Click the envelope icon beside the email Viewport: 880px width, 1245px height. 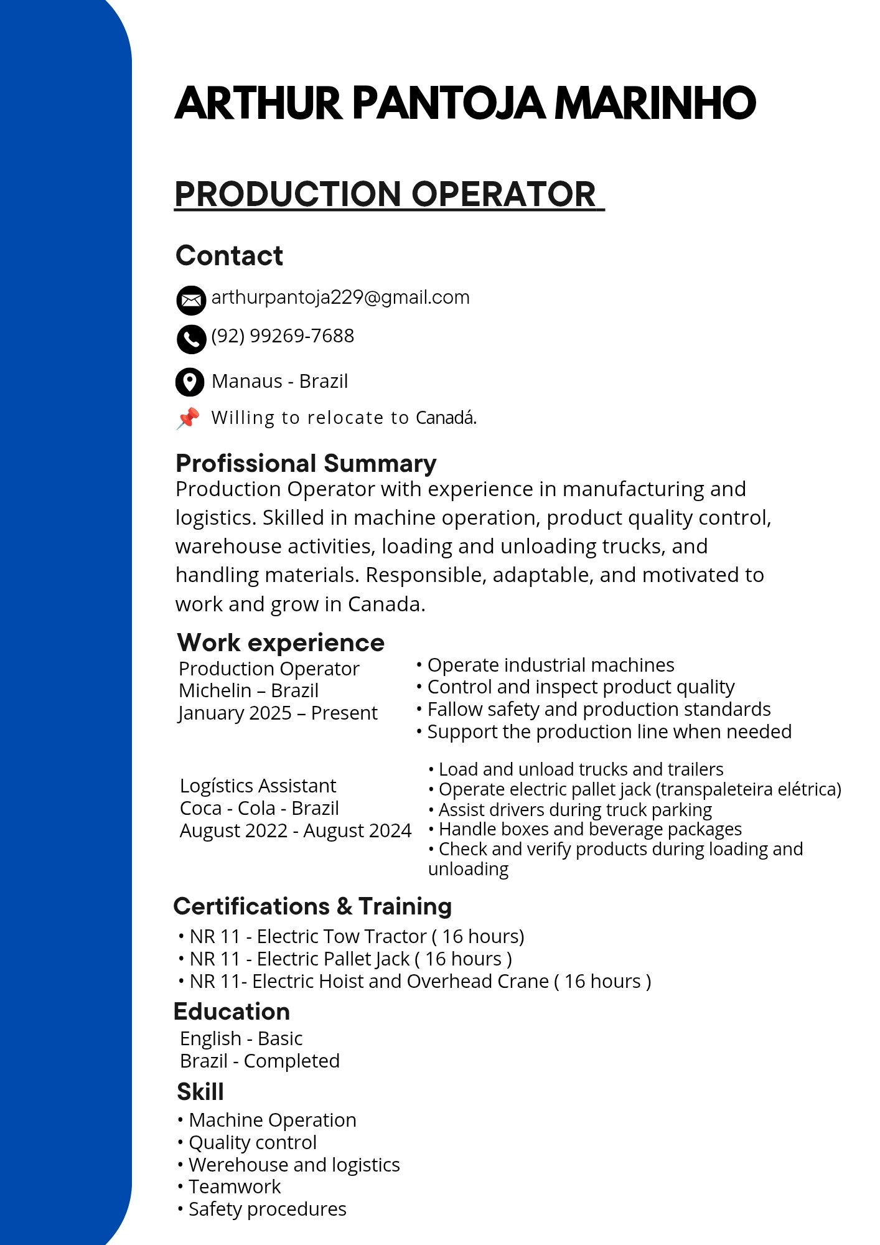pyautogui.click(x=191, y=301)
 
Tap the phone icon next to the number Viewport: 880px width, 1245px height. pyautogui.click(x=191, y=339)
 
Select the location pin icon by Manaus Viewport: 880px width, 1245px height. pyautogui.click(x=190, y=382)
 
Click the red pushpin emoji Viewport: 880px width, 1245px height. pyautogui.click(x=188, y=418)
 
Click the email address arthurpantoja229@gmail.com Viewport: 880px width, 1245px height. pyautogui.click(x=340, y=298)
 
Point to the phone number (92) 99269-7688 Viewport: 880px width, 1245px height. pyautogui.click(x=283, y=336)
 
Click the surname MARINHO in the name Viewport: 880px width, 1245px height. pyautogui.click(x=655, y=103)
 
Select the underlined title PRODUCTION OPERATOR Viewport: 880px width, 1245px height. pyautogui.click(x=386, y=194)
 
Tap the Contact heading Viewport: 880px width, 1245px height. pyautogui.click(x=229, y=256)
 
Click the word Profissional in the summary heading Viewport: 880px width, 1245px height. pyautogui.click(x=246, y=464)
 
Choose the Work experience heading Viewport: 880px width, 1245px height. pyautogui.click(x=281, y=642)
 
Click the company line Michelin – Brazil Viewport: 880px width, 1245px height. pyautogui.click(x=248, y=690)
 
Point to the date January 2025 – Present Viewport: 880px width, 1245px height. pyautogui.click(x=278, y=713)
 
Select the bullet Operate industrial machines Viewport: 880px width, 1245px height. pyautogui.click(x=550, y=665)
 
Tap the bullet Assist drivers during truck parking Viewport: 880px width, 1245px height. pyautogui.click(x=574, y=809)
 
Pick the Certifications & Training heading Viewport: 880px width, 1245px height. pyautogui.click(x=312, y=906)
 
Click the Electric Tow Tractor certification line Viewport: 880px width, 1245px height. pyautogui.click(x=357, y=936)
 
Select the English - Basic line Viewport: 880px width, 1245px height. pyautogui.click(x=241, y=1038)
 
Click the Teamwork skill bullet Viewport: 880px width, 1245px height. pyautogui.click(x=234, y=1186)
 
